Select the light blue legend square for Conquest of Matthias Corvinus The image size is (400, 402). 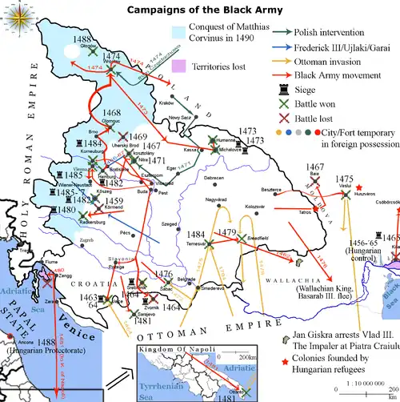[179, 33]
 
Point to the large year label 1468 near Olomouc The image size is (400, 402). [112, 113]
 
